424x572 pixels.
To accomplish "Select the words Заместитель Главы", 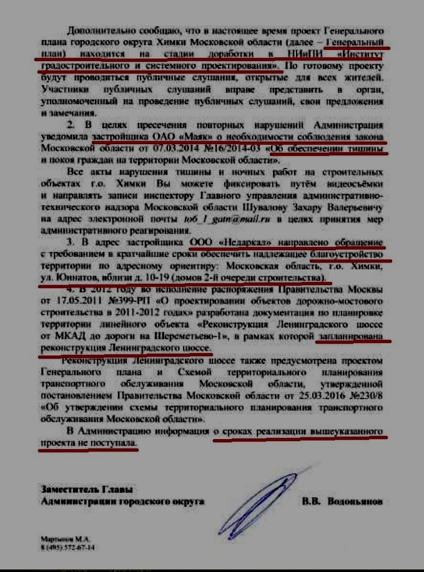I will [x=78, y=490].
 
